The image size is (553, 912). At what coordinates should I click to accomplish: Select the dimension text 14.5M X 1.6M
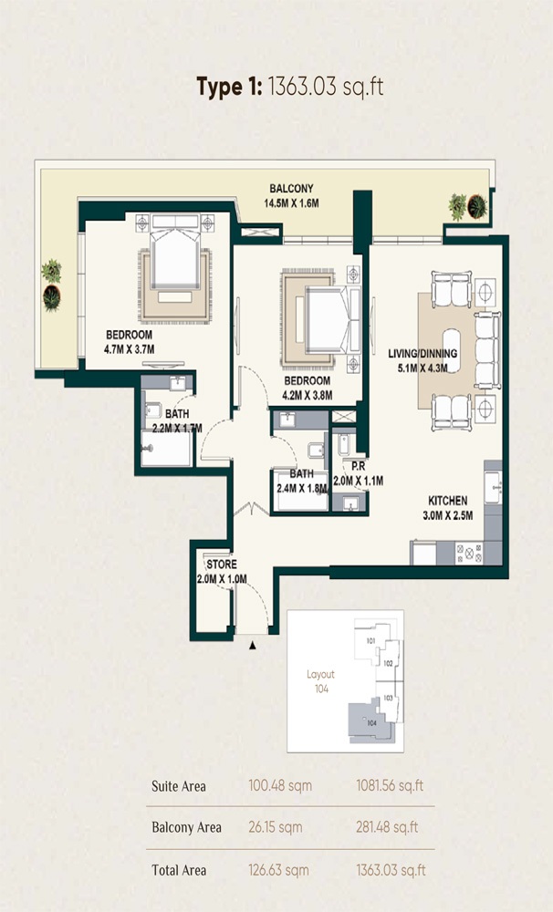click(x=291, y=202)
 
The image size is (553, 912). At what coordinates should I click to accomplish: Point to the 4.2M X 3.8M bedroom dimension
click(x=307, y=395)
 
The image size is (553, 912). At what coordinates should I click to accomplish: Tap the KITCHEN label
click(x=448, y=501)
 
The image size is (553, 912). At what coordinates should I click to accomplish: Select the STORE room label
click(x=222, y=565)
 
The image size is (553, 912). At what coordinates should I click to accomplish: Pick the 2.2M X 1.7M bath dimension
click(x=177, y=427)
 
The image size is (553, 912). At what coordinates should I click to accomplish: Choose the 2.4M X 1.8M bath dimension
click(x=302, y=488)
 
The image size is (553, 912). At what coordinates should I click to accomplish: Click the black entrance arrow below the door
click(x=253, y=645)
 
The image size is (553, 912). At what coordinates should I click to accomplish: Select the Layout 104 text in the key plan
click(x=320, y=681)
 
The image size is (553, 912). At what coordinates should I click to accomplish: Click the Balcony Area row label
click(x=186, y=827)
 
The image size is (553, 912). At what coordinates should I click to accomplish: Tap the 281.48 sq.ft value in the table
click(x=390, y=827)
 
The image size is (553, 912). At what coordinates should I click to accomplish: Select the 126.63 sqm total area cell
click(x=278, y=870)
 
